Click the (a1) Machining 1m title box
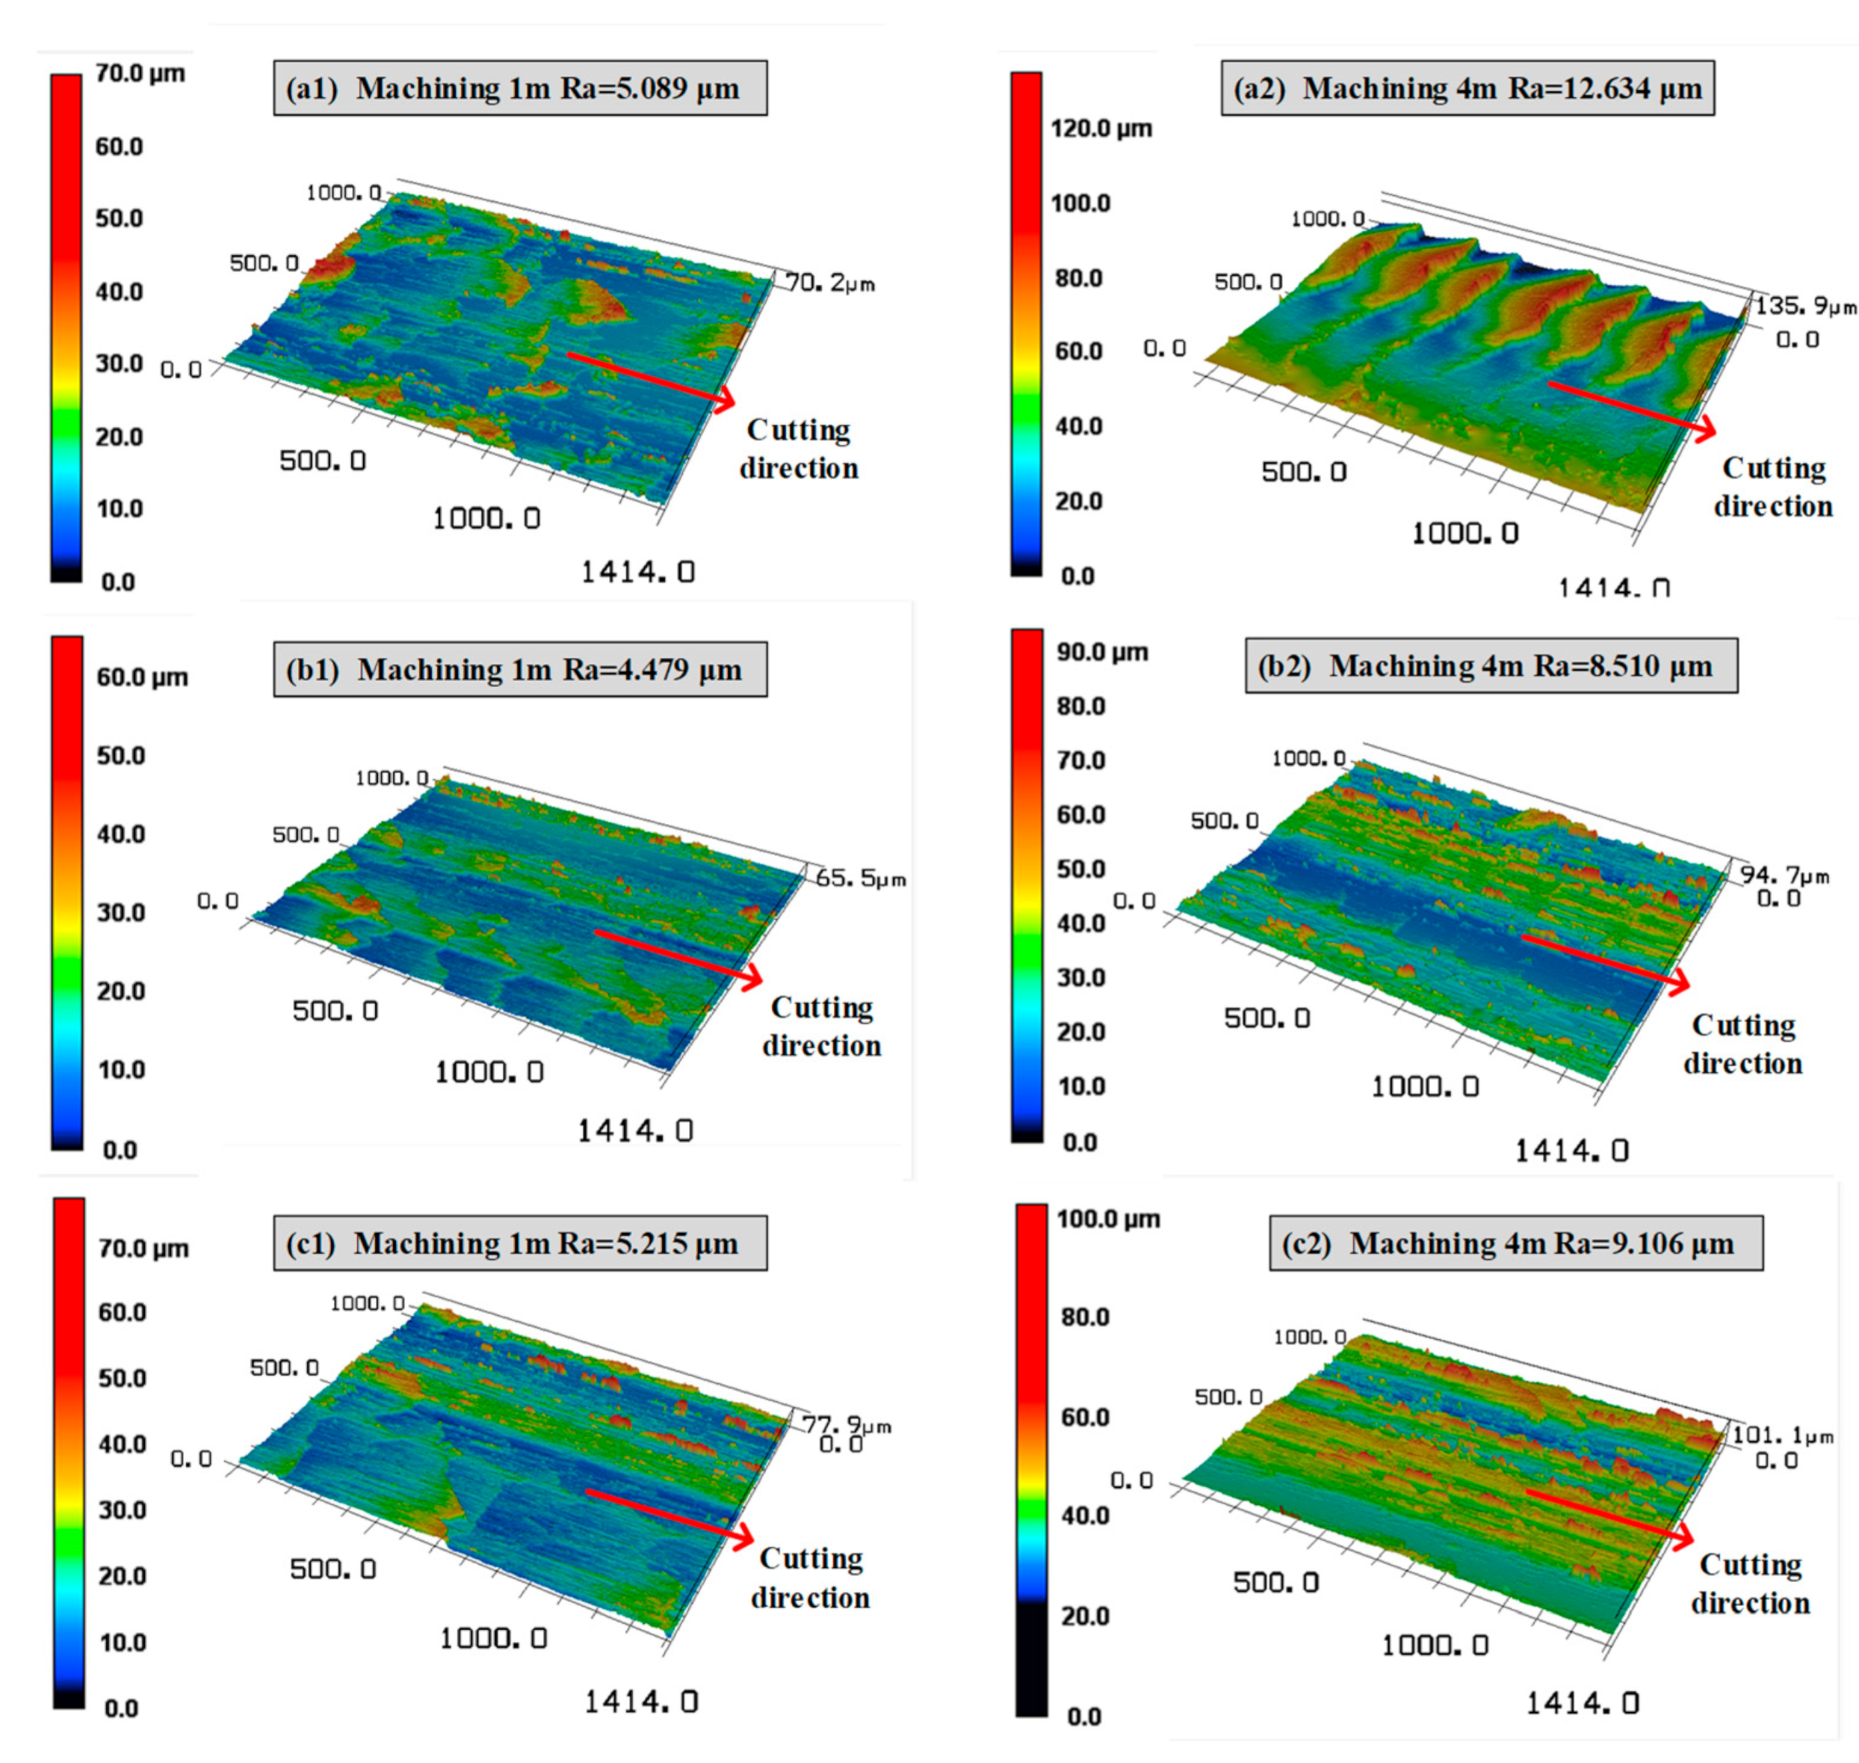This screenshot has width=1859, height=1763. click(x=519, y=88)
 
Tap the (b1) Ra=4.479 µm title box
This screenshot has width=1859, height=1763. click(x=519, y=669)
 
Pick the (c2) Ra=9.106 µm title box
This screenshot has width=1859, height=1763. click(x=1515, y=1243)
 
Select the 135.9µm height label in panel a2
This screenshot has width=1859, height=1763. click(x=1804, y=307)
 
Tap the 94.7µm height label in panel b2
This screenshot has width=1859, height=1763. click(x=1784, y=875)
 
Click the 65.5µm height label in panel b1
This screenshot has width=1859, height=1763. click(x=859, y=879)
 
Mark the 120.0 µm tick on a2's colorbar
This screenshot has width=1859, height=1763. click(x=1100, y=129)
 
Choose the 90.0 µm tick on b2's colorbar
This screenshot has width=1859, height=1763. click(x=1101, y=652)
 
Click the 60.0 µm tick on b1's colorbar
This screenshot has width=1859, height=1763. click(x=142, y=677)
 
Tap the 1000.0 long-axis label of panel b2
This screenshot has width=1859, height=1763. click(x=1424, y=1087)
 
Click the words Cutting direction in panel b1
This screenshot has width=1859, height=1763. click(x=821, y=1027)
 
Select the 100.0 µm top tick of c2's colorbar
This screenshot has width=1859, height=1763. click(x=1107, y=1219)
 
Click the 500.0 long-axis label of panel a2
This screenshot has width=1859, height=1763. click(x=1303, y=472)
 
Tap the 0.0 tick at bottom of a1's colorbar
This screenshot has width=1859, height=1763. click(x=118, y=582)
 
